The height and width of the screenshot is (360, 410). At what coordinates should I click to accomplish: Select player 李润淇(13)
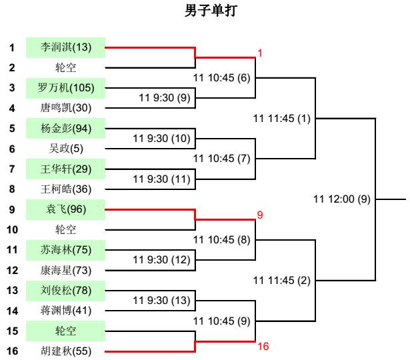[x=66, y=47]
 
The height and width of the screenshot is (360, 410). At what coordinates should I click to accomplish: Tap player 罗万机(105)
[x=66, y=88]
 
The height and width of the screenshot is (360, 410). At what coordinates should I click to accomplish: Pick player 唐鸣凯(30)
[x=66, y=108]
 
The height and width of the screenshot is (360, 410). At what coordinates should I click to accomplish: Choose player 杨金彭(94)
[x=66, y=129]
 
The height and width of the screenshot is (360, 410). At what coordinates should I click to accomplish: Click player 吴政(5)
[x=66, y=149]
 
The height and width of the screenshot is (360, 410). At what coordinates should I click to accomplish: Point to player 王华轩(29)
[x=66, y=169]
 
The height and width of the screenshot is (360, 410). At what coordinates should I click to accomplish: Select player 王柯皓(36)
[x=66, y=189]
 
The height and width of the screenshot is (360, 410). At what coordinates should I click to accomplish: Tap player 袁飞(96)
[x=66, y=209]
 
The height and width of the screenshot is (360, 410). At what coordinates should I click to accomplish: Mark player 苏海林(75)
[x=66, y=250]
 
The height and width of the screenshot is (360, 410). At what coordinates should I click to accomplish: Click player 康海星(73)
[x=66, y=270]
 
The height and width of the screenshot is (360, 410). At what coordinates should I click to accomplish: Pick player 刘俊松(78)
[x=66, y=291]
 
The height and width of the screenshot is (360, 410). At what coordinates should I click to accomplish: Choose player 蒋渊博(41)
[x=66, y=311]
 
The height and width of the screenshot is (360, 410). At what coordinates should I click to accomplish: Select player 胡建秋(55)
[x=66, y=351]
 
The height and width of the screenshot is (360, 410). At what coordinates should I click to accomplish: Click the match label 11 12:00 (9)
[x=341, y=199]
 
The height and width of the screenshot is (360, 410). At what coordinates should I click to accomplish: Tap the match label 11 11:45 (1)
[x=282, y=119]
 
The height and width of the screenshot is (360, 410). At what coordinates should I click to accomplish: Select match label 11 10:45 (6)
[x=221, y=78]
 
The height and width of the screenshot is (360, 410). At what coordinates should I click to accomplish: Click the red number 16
[x=263, y=347]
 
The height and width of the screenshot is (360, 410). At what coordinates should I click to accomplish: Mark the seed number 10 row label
[x=12, y=230]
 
